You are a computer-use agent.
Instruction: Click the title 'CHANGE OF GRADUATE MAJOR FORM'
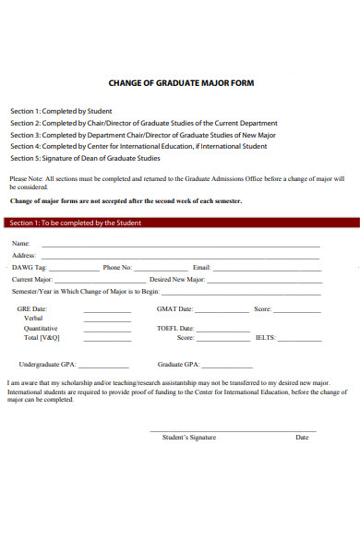[181, 83]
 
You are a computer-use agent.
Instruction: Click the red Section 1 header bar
[180, 223]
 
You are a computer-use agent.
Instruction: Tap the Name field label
[20, 243]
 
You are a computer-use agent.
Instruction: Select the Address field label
[23, 255]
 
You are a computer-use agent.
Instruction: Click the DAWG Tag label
[27, 267]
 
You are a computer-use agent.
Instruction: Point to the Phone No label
[117, 267]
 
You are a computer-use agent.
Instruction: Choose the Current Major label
[32, 278]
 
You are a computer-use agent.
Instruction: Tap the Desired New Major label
[177, 278]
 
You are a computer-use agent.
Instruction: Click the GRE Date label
[32, 309]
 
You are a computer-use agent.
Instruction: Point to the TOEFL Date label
[175, 328]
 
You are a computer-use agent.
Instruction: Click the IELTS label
[266, 338]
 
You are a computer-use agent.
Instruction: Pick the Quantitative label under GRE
[41, 328]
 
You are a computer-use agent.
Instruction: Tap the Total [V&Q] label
[42, 338]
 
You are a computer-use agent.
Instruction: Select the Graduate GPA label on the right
[178, 364]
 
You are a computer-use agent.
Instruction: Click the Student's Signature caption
[188, 437]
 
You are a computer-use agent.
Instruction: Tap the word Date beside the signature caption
[302, 437]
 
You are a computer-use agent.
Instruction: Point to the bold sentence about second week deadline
[126, 200]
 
